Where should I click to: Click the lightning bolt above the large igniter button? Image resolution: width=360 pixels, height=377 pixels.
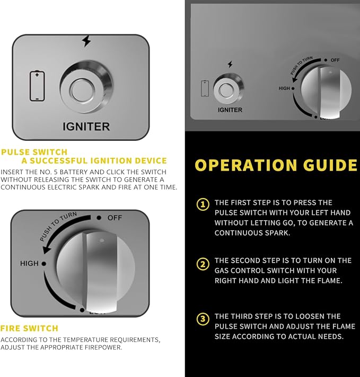[86, 41]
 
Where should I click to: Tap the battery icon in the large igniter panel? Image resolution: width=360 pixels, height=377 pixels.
[37, 86]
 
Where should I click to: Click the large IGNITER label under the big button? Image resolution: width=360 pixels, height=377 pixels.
[86, 127]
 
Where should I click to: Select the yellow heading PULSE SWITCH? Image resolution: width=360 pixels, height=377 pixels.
[34, 152]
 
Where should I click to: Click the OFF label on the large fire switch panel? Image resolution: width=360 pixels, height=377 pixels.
[115, 218]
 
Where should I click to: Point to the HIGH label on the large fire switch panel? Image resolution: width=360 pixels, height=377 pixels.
[29, 264]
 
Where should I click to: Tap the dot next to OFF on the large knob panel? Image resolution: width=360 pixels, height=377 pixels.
[99, 218]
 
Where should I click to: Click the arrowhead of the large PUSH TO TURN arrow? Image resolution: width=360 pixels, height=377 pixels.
[47, 249]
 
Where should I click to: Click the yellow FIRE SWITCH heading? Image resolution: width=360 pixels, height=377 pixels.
[29, 328]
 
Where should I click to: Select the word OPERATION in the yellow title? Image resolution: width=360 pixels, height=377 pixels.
[245, 165]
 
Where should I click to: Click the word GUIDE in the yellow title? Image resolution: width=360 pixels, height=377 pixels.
[330, 165]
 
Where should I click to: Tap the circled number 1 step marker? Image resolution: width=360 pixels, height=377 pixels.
[203, 204]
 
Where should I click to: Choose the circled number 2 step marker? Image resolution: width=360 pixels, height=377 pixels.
[203, 264]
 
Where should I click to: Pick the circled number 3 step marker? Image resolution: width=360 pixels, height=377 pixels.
[203, 319]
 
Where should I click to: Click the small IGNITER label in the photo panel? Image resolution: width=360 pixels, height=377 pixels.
[230, 110]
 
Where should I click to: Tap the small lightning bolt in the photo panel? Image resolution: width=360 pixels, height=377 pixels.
[230, 64]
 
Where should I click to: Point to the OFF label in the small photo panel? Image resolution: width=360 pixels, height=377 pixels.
[335, 60]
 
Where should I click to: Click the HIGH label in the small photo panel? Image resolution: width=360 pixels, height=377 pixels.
[284, 88]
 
